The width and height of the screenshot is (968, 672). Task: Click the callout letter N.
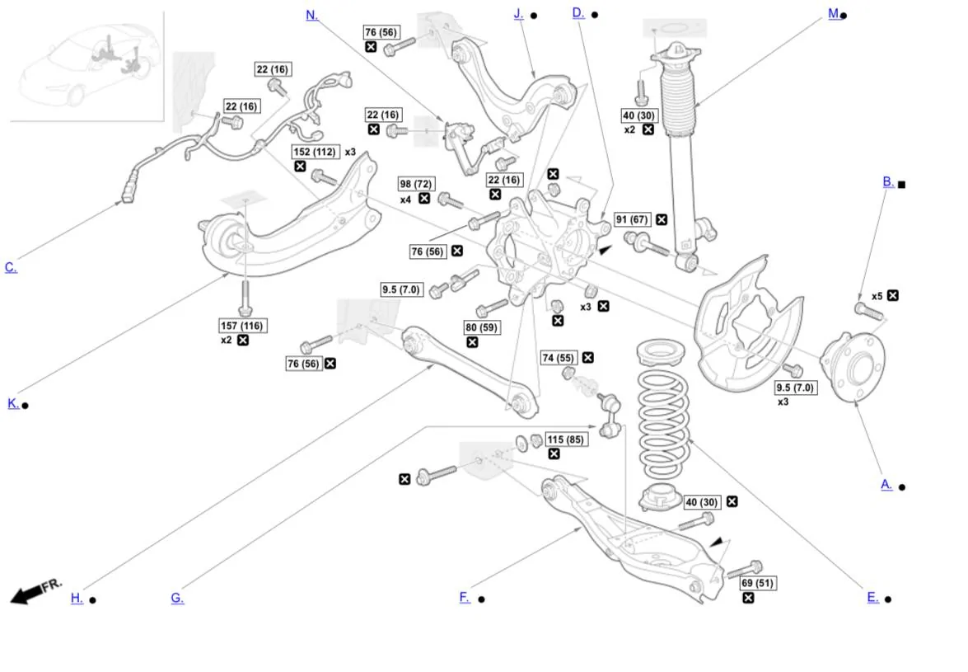click(x=311, y=15)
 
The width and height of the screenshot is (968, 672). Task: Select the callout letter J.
click(x=519, y=14)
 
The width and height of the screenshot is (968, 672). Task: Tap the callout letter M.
click(x=834, y=14)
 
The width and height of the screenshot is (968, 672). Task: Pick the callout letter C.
click(x=11, y=267)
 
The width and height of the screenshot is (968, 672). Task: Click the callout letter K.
click(x=13, y=403)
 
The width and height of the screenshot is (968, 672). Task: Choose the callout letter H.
click(x=77, y=599)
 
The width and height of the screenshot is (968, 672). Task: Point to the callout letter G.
click(x=177, y=599)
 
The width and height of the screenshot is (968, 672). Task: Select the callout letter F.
click(x=465, y=598)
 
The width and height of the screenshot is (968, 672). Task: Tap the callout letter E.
click(x=872, y=598)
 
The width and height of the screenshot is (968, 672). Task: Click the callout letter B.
click(x=888, y=182)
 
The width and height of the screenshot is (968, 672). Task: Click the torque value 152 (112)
click(x=315, y=152)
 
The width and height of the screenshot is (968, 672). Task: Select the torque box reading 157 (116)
click(x=242, y=326)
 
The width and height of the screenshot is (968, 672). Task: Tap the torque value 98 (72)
click(x=416, y=184)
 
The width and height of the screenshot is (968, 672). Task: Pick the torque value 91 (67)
click(x=633, y=219)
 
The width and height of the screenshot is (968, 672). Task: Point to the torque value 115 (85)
click(x=565, y=439)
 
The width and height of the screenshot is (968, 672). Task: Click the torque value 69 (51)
click(x=756, y=583)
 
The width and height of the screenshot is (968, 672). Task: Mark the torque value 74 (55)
click(x=558, y=358)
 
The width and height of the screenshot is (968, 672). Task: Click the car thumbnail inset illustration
click(x=87, y=65)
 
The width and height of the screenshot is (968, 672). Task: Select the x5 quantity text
click(x=877, y=296)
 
